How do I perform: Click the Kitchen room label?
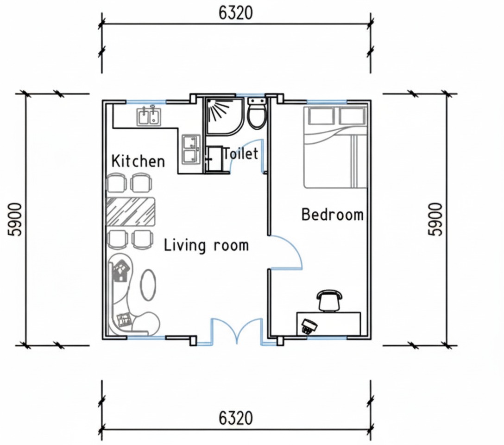point(138,160)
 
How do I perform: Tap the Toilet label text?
point(240,153)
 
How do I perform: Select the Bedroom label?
point(332,214)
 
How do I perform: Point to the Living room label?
point(206,245)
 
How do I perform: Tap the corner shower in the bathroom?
point(224,116)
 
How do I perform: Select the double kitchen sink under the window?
point(149,116)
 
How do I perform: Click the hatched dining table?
point(131,212)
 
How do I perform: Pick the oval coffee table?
point(149,285)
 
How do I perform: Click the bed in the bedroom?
point(335,147)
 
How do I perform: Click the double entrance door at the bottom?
point(237,331)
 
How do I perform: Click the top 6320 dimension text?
point(236,13)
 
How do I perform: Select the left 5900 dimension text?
point(15,220)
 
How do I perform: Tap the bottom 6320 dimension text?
point(236,418)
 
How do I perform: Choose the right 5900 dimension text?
point(435,219)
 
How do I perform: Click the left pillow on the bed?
point(321,116)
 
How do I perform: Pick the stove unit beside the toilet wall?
point(192,150)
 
